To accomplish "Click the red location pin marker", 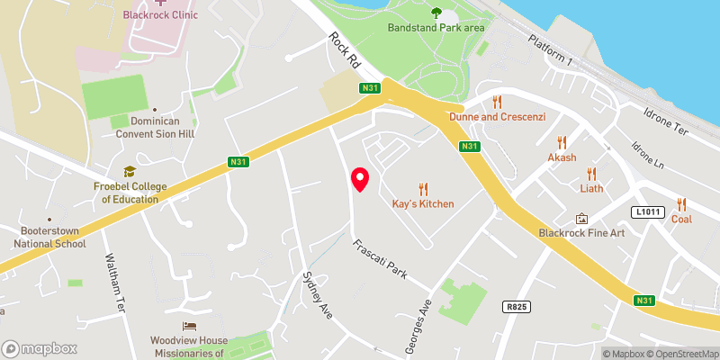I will (x=360, y=179).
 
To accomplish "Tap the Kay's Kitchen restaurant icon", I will (x=423, y=189).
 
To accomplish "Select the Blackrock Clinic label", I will (x=162, y=15).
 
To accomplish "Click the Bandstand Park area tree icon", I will (x=436, y=13).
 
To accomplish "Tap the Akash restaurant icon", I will (x=562, y=142).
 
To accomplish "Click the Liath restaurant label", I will (x=591, y=188).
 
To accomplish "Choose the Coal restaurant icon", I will (x=681, y=204).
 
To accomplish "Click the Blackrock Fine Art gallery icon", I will (x=581, y=219).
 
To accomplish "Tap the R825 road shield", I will (x=514, y=307).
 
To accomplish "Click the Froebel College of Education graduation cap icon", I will (x=130, y=171).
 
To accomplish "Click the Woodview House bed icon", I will (x=188, y=326).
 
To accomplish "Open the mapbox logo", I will (x=39, y=348).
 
